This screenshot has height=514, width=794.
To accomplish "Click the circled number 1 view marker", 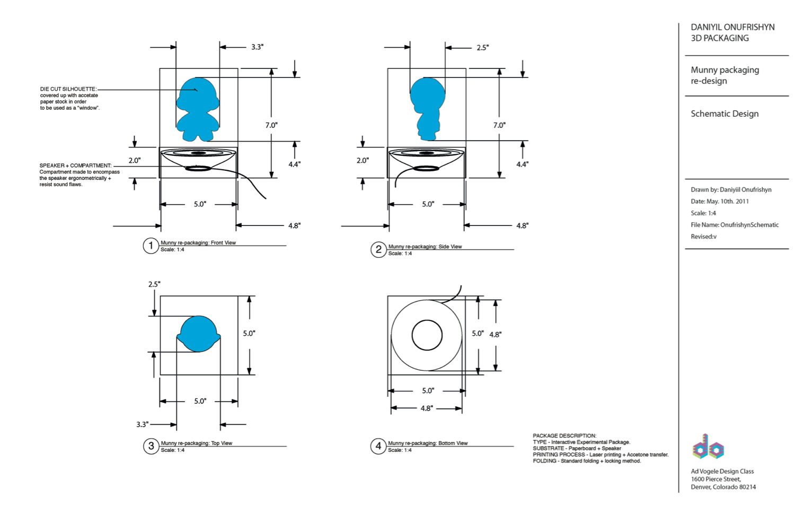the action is pyautogui.click(x=151, y=246).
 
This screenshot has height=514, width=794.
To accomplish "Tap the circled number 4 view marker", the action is pyautogui.click(x=378, y=446).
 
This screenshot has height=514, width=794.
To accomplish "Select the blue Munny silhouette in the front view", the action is pyautogui.click(x=198, y=109).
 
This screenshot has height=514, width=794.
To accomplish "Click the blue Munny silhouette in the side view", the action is pyautogui.click(x=428, y=109).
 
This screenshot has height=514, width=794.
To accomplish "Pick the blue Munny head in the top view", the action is pyautogui.click(x=199, y=334).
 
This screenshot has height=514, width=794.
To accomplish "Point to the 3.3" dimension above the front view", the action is pyautogui.click(x=258, y=47).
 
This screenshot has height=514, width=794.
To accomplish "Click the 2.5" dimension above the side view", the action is pyautogui.click(x=482, y=48).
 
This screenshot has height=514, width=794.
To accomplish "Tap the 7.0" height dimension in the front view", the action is pyautogui.click(x=271, y=125).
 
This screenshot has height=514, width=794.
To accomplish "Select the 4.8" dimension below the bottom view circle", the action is pyautogui.click(x=427, y=408).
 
